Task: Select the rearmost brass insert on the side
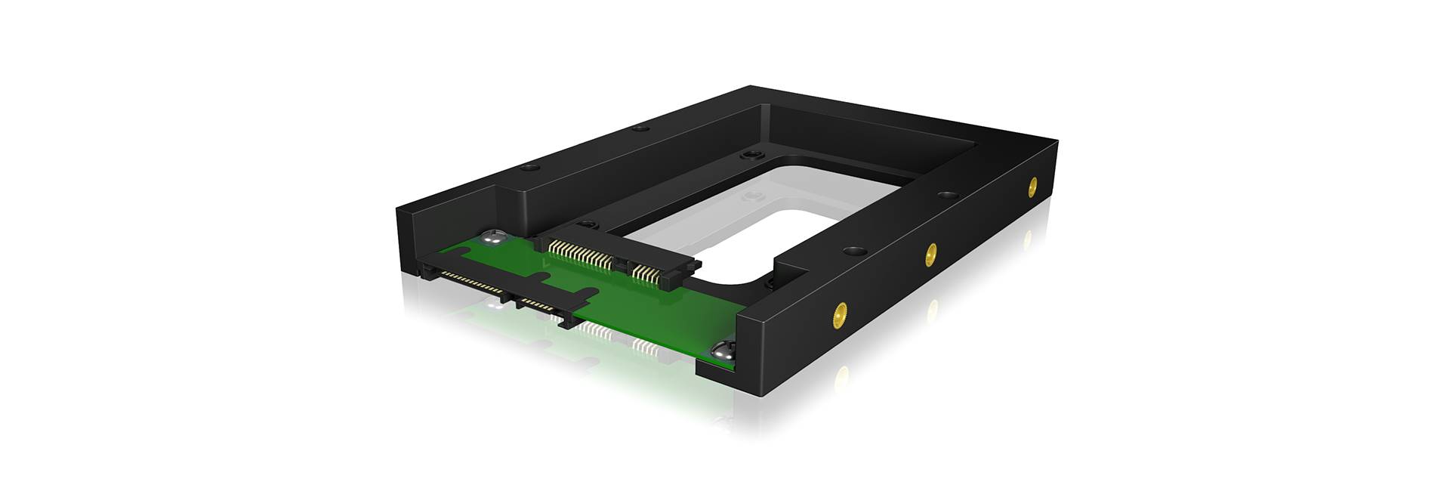pos(1032,186)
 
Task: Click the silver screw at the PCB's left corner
pos(492,237)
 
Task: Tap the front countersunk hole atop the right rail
pos(854,249)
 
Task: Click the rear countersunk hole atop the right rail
pos(947,194)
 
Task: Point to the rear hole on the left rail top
pos(640,128)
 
